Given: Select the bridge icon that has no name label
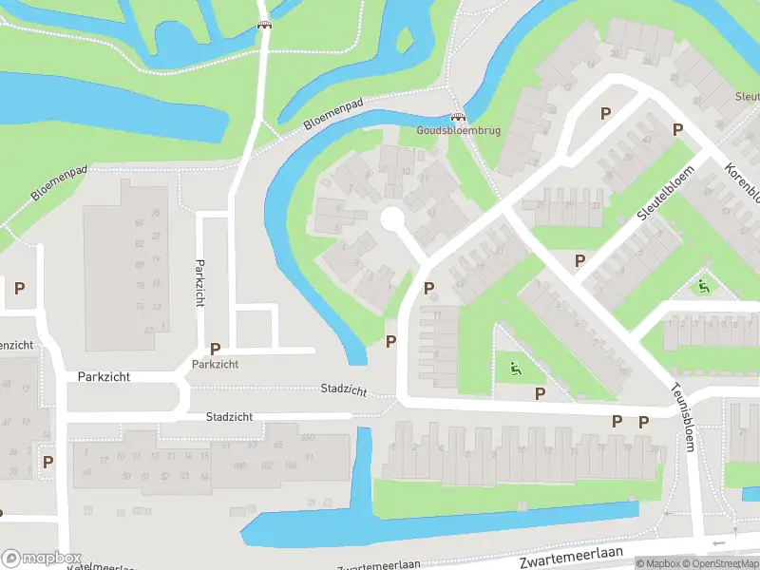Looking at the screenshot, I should pos(264,25).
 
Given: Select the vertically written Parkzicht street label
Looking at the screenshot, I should pos(200,282).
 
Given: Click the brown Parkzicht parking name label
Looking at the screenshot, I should pos(215,364).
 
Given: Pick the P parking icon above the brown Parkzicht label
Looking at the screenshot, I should pos(215,349).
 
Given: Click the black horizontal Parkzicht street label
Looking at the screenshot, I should pos(98,376).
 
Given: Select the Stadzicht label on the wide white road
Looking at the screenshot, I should pos(230,417).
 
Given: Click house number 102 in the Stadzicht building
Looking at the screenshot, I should pos(265,465).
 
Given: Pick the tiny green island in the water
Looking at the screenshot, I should pos(405,41).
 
